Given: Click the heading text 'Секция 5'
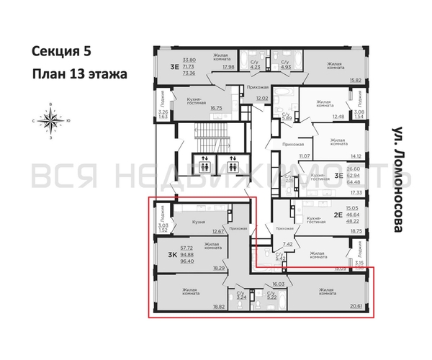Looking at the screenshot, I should pyautogui.click(x=62, y=50).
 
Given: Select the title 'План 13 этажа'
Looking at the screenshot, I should pyautogui.click(x=79, y=73).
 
